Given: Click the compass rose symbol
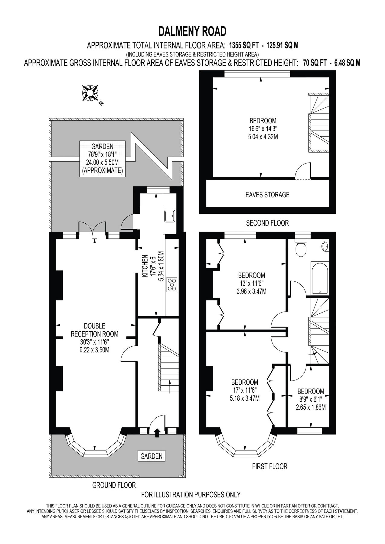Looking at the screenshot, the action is point(90,93).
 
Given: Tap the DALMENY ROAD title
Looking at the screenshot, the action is point(192,31).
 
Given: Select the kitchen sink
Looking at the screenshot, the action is point(170,216).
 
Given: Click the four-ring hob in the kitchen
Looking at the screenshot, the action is point(172,285).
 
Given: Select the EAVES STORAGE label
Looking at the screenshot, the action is point(268,195).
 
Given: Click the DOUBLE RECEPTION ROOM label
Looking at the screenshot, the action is point(94,330).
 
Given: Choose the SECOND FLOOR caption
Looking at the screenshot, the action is point(267,223).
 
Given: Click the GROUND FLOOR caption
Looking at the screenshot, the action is point(114,485).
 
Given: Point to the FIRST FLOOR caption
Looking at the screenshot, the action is point(270,466).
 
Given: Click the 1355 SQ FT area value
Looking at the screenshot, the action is point(244,46).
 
